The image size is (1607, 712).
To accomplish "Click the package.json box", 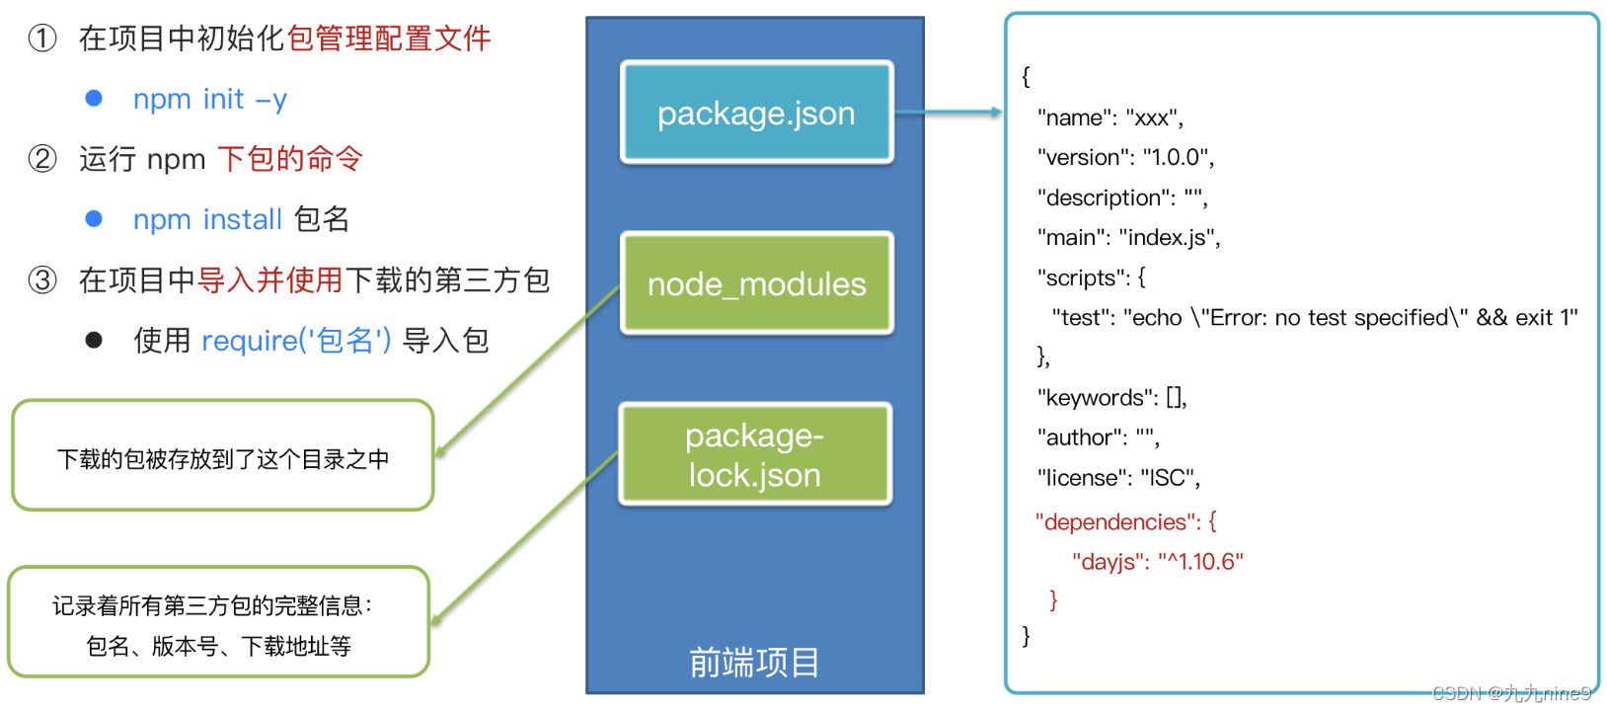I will (756, 113).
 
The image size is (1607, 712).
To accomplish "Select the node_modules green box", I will (756, 283).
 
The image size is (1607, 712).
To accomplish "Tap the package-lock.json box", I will (755, 454).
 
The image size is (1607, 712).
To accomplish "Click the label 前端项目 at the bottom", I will (754, 663).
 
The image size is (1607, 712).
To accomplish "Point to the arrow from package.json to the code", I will (948, 113).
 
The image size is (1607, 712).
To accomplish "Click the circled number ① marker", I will (42, 39).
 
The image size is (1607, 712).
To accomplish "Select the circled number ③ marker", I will (42, 280).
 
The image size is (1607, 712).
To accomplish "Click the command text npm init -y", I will (209, 99).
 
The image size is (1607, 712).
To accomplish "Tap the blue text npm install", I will (207, 219).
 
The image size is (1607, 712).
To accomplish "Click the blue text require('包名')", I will (296, 341).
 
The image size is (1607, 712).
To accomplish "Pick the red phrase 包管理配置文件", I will (388, 39).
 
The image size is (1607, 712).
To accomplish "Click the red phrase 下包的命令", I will (290, 159).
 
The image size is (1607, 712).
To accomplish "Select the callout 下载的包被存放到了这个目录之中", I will (223, 459).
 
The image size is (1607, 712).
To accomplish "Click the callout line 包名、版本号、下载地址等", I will (218, 647).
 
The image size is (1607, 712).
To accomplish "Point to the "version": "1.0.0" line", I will (1125, 157).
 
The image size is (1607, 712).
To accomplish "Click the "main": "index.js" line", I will (1128, 237).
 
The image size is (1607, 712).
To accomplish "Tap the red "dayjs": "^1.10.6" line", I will (1157, 562).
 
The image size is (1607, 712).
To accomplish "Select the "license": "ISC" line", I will (1118, 478).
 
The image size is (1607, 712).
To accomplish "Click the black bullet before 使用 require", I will (94, 341).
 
